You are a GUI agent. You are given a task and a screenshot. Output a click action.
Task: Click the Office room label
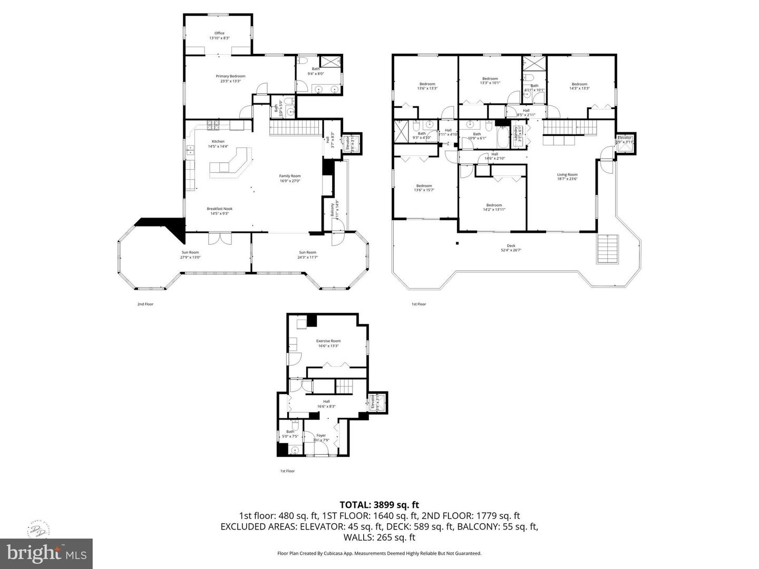tap(219, 35)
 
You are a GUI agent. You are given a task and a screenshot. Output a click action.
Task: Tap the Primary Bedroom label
tap(230, 79)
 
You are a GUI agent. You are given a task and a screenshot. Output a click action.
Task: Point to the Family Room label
tap(290, 179)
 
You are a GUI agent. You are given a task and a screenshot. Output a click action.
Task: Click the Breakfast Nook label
tap(219, 211)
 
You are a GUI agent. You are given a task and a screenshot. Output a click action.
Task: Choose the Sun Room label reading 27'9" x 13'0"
tap(190, 254)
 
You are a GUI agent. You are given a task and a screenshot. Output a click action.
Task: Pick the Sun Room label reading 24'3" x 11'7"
tap(307, 254)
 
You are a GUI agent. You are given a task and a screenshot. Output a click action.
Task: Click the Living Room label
tap(568, 176)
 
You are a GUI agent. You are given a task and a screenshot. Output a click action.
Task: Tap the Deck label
tap(511, 248)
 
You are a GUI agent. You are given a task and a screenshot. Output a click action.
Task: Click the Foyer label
tap(321, 438)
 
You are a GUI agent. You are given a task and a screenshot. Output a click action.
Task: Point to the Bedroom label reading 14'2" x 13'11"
tap(494, 207)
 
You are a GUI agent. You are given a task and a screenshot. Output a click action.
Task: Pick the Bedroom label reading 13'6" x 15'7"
tap(424, 188)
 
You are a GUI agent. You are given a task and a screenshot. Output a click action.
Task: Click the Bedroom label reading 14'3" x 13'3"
tap(579, 86)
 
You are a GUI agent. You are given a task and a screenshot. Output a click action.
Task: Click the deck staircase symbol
tap(607, 249)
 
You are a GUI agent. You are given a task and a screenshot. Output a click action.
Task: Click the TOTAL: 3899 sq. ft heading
tap(379, 505)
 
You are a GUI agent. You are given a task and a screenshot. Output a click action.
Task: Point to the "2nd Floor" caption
tap(145, 304)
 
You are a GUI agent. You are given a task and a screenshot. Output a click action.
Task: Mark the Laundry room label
tap(519, 134)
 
